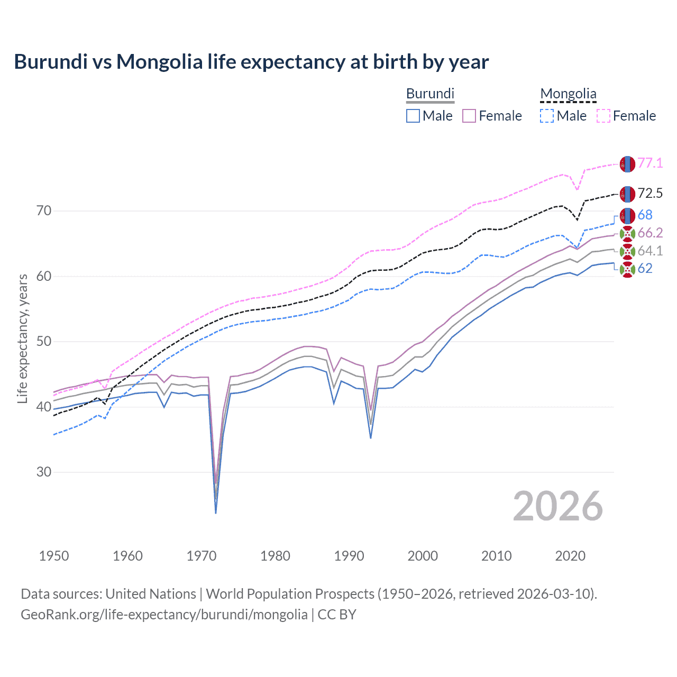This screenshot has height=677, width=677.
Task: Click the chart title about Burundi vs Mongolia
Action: (251, 62)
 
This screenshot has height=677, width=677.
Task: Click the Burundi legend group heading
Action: (430, 94)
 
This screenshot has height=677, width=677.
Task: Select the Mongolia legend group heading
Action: (568, 94)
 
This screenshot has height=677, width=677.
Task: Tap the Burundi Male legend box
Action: (413, 116)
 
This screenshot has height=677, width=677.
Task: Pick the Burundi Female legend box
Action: (469, 116)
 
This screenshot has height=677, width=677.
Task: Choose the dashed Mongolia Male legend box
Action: (547, 116)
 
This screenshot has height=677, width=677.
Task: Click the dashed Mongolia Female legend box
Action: (603, 116)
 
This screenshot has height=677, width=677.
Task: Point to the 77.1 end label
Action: (650, 163)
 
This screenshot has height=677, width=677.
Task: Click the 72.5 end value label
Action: (650, 193)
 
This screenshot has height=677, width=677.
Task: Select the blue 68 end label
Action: (645, 215)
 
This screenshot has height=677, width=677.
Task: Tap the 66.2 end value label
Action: (650, 233)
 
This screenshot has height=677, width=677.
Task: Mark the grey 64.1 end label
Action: (650, 251)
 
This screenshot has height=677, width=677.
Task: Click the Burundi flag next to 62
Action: (627, 269)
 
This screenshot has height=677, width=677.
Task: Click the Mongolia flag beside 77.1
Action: (627, 164)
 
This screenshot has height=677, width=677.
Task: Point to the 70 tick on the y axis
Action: (44, 211)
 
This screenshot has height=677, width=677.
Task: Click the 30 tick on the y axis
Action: (44, 472)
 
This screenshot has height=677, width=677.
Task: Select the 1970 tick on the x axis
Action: (202, 556)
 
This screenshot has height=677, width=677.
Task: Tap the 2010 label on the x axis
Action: (496, 556)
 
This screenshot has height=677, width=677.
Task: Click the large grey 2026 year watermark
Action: (557, 506)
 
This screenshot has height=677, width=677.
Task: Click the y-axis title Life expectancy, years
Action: (22, 338)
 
